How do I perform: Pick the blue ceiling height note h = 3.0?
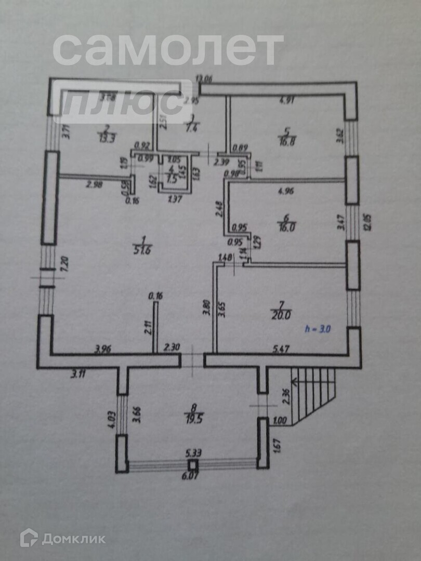(x=318, y=329)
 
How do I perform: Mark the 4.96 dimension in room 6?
(x=286, y=191)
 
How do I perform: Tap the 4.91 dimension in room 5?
(x=286, y=101)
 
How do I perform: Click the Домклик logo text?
(x=73, y=539)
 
